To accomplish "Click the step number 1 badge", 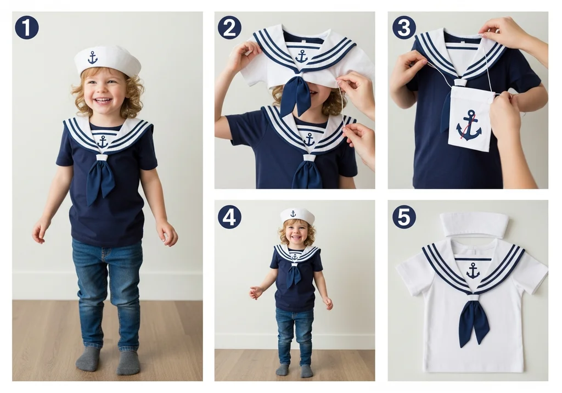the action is [x=27, y=27].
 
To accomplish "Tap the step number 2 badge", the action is [x=229, y=27].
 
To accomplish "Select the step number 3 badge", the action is [x=404, y=27].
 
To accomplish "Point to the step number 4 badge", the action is [x=229, y=217].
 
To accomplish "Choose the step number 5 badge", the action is [x=404, y=217].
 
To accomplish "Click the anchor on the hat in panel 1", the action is [x=92, y=58].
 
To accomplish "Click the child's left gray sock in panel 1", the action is [x=128, y=362].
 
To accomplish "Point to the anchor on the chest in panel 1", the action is [x=103, y=142].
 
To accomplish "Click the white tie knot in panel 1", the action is [x=102, y=157].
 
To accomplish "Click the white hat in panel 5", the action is [x=469, y=224].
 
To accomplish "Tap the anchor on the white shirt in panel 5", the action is [x=473, y=271].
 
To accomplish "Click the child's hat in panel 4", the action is [x=297, y=216].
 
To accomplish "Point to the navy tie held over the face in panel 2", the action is [x=295, y=95].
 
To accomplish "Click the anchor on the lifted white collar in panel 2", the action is [x=301, y=57].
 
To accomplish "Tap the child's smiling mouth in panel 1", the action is [x=103, y=100].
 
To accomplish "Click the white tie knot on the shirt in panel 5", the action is [x=473, y=297].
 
